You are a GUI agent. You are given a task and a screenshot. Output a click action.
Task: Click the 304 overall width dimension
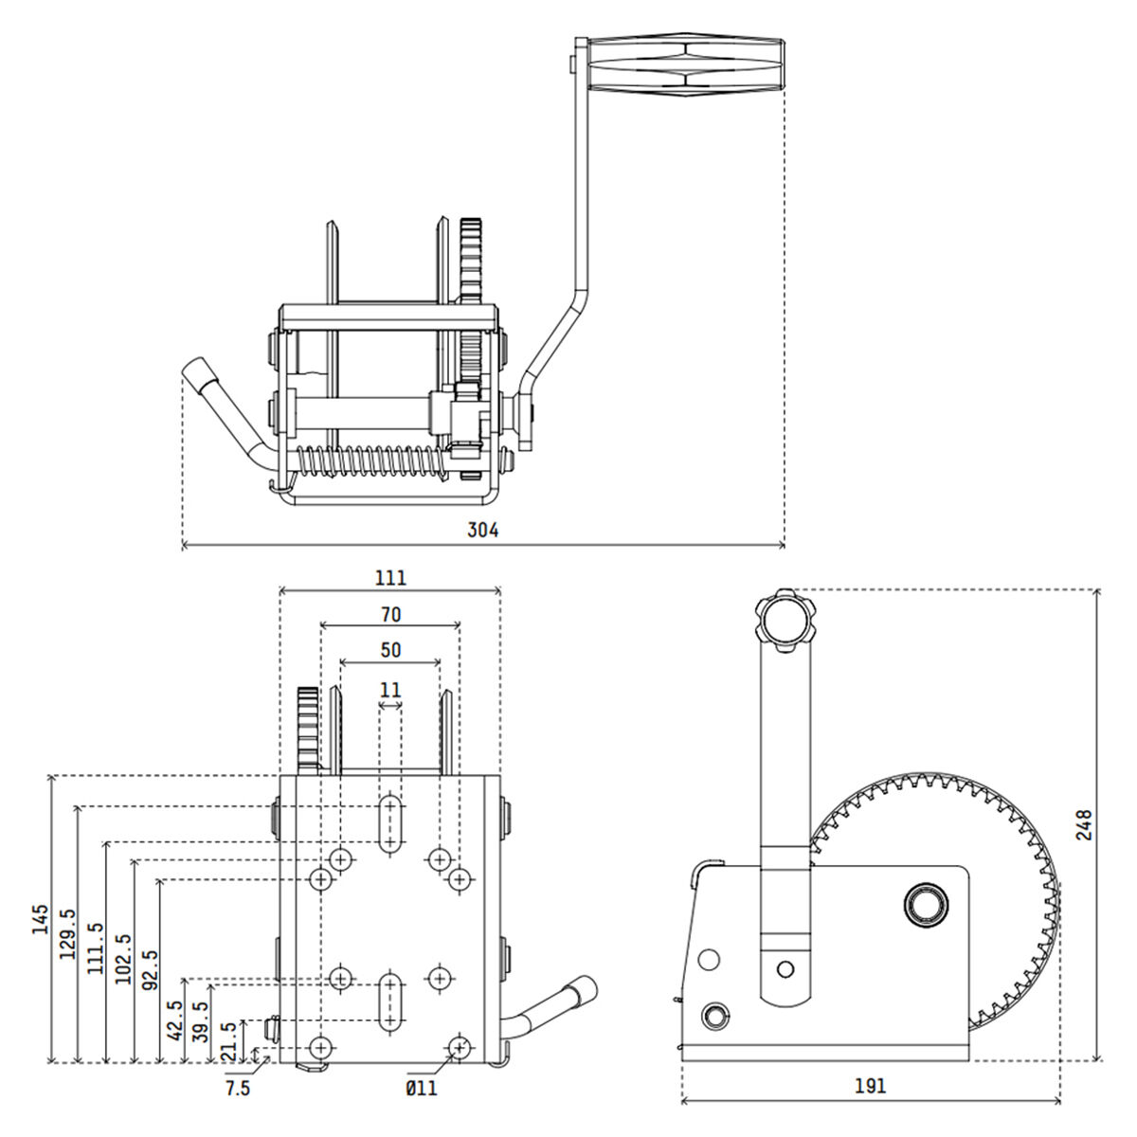coord(482,531)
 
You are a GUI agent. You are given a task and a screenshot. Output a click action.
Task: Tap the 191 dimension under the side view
coord(871,1086)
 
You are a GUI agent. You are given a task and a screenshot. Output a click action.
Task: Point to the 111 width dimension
coord(390,577)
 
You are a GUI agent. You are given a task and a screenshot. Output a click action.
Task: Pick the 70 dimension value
coord(390,615)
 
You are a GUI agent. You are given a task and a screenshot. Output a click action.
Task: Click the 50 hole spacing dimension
coord(390,650)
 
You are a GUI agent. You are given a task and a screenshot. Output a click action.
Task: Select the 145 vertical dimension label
coord(39,919)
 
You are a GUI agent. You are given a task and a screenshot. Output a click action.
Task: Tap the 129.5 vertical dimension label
coord(67,933)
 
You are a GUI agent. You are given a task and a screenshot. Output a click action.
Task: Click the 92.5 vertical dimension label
coord(150,968)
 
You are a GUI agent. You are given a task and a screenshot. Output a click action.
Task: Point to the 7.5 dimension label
coord(238,1089)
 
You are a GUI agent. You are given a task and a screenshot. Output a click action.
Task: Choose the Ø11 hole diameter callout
coord(422,1089)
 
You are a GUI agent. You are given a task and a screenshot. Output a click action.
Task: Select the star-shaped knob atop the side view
coord(785,620)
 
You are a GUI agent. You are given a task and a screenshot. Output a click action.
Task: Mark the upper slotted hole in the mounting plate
coord(389,823)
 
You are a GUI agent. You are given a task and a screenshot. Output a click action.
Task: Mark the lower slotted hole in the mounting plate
coord(389,1001)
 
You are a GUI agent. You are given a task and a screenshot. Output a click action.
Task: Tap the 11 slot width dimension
coord(390,689)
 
